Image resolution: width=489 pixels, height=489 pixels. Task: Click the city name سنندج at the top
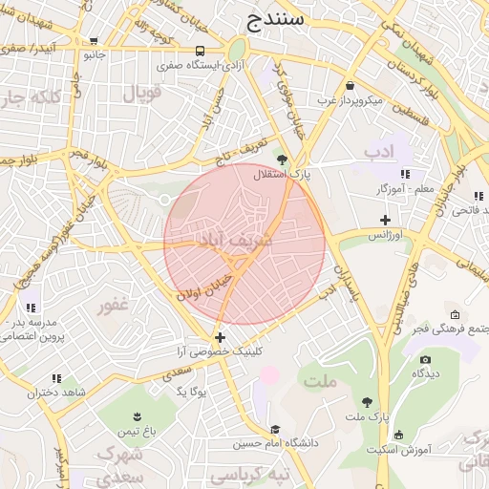coord(274,18)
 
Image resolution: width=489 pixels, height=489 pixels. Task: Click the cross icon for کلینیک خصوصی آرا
coord(221,337)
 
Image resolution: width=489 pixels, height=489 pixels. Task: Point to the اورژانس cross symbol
coord(385,221)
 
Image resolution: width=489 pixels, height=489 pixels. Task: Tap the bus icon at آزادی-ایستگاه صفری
coord(200,52)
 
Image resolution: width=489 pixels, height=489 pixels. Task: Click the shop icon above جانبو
coord(93,41)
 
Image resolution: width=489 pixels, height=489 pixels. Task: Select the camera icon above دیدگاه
coord(425,359)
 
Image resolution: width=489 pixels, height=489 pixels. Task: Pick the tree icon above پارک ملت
coord(368,402)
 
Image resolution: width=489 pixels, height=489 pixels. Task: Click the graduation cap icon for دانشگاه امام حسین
coord(275,430)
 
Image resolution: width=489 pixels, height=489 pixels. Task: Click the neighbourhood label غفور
coord(113,306)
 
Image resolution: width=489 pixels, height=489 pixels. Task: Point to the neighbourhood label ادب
coord(378,151)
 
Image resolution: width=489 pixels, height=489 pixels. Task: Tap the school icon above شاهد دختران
coord(57,378)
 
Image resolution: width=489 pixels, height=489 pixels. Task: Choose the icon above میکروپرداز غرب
coord(351,85)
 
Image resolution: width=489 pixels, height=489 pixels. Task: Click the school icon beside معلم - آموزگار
coord(405,174)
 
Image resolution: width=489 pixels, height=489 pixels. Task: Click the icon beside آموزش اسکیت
coord(398,435)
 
